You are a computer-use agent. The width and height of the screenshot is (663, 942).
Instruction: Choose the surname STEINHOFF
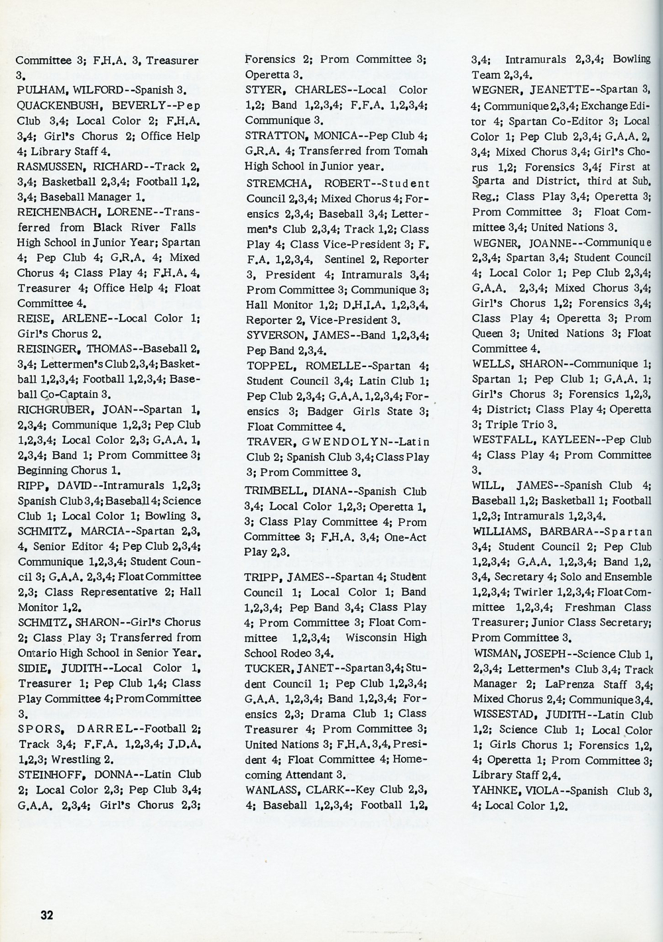tap(47, 774)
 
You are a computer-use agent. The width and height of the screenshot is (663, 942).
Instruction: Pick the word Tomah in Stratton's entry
tap(412, 151)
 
